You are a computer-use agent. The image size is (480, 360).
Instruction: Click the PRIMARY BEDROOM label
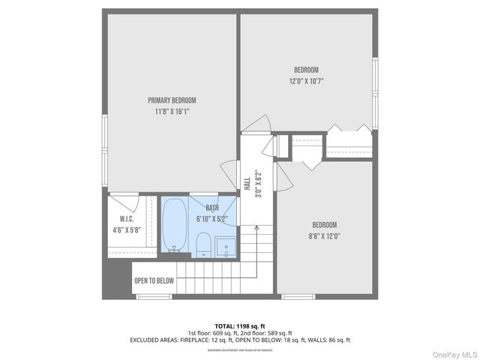click(x=172, y=100)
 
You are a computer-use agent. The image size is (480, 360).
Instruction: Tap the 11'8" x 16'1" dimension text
click(x=172, y=112)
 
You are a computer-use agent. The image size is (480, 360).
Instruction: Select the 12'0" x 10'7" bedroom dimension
click(x=306, y=81)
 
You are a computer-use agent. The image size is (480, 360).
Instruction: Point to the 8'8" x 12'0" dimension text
click(x=325, y=236)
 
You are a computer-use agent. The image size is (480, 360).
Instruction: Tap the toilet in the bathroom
click(x=202, y=244)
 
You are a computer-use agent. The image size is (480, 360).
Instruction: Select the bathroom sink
click(x=225, y=247)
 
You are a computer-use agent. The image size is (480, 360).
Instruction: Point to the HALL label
click(x=247, y=183)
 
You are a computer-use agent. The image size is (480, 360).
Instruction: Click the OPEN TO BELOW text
click(x=154, y=281)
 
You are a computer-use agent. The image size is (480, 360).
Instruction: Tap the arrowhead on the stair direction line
click(x=256, y=226)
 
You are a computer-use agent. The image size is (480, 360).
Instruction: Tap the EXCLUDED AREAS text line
click(x=240, y=340)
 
